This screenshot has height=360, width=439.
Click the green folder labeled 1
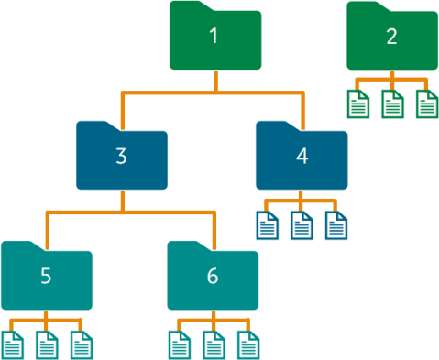215,38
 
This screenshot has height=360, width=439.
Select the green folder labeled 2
391,38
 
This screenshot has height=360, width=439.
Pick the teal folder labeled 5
46,277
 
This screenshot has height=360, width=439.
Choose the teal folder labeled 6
213,277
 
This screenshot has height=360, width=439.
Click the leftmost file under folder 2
358,104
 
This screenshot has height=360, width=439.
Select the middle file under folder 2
392,104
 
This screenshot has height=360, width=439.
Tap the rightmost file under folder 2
426,104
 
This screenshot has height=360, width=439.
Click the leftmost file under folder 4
268,224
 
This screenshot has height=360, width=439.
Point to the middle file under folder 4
302,224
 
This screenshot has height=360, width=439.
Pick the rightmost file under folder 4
335,224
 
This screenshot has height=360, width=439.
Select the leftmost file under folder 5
12,344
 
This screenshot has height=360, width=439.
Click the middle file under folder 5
46,344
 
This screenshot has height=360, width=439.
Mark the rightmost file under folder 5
80,344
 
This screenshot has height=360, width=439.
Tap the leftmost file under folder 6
179,344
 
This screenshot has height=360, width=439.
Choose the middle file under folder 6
213,344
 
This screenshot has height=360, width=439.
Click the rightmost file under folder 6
247,344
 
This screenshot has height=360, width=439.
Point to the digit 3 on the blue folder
121,157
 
